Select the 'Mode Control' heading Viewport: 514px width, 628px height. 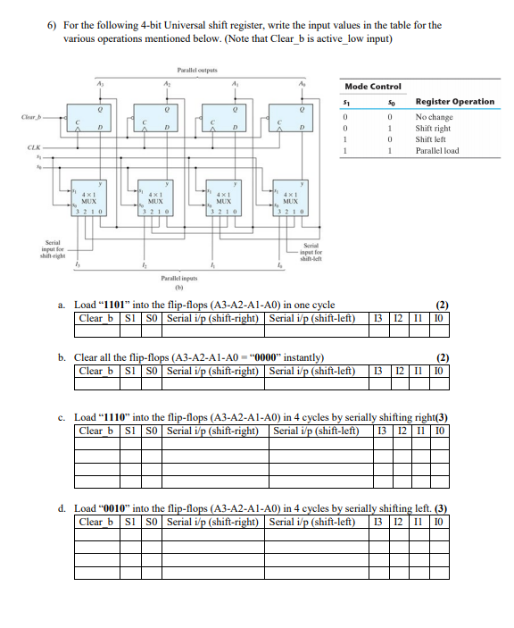point(373,87)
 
